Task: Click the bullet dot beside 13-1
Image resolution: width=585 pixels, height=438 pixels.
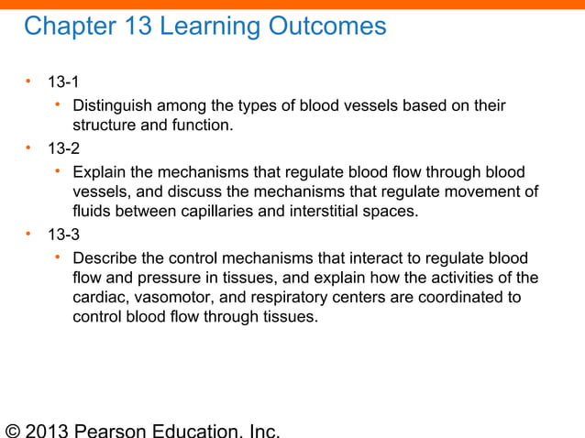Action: pyautogui.click(x=28, y=83)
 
